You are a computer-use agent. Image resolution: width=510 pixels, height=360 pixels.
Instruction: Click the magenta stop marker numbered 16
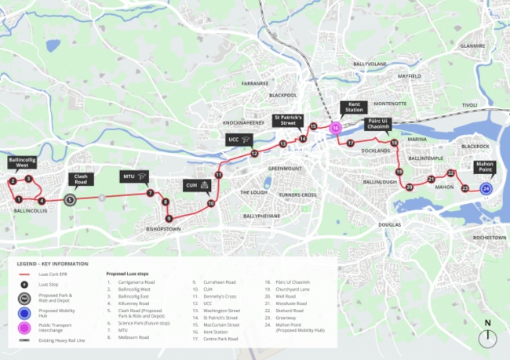tap(335, 127)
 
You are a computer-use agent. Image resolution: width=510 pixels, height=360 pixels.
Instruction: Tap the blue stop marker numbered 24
tap(486, 188)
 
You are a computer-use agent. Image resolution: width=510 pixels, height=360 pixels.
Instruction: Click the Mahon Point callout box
tap(486, 167)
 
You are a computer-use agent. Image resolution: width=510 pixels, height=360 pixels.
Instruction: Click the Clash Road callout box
tap(81, 180)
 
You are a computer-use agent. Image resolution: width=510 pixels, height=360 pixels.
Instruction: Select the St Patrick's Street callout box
tap(288, 121)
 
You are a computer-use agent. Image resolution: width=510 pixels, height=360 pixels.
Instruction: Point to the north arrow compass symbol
tap(488, 335)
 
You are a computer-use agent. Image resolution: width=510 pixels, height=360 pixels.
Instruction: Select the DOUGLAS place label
tap(389, 225)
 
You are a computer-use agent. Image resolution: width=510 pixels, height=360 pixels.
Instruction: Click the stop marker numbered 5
tap(70, 200)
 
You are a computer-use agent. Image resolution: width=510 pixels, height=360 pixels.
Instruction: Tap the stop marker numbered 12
tap(254, 155)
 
